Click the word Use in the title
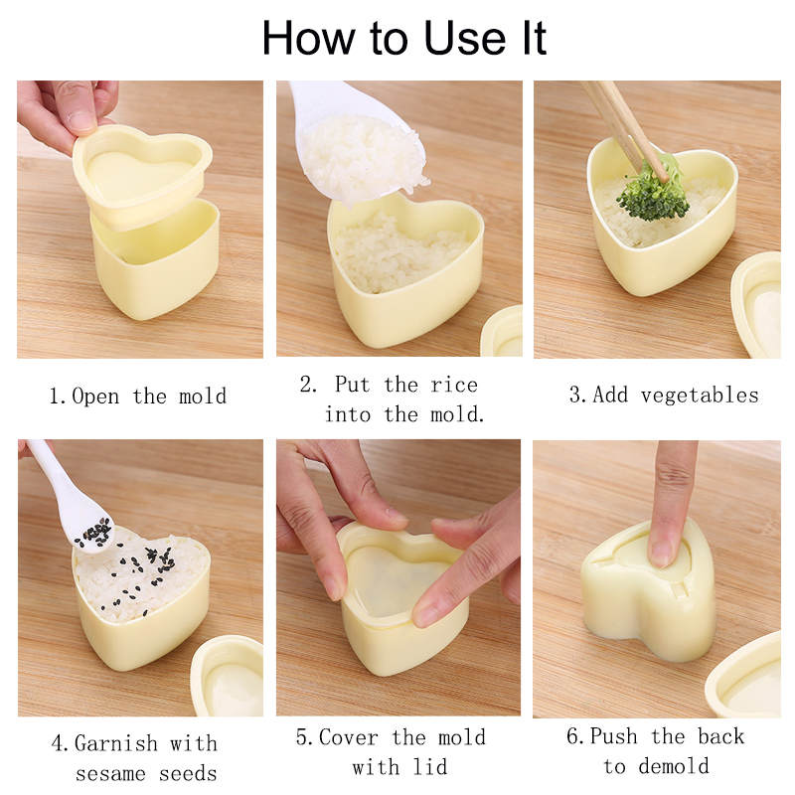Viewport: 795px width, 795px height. coord(464,38)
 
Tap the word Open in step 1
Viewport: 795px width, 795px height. coord(95,397)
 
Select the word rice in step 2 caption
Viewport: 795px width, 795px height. coord(454,385)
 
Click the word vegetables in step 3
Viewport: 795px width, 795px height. coord(700,395)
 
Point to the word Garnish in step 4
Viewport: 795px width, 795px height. coord(116,743)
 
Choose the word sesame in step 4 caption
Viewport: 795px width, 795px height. coord(110,774)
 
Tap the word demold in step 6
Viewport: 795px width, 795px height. coord(674,765)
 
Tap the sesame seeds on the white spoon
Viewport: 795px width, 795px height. coord(94,534)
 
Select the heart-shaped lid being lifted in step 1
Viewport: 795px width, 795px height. coord(143,172)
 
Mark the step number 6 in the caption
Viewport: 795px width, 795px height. coord(572,736)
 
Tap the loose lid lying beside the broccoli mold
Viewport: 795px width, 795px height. coord(756,303)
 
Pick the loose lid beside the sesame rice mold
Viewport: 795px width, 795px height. coord(228,677)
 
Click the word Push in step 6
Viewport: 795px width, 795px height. coord(614,736)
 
